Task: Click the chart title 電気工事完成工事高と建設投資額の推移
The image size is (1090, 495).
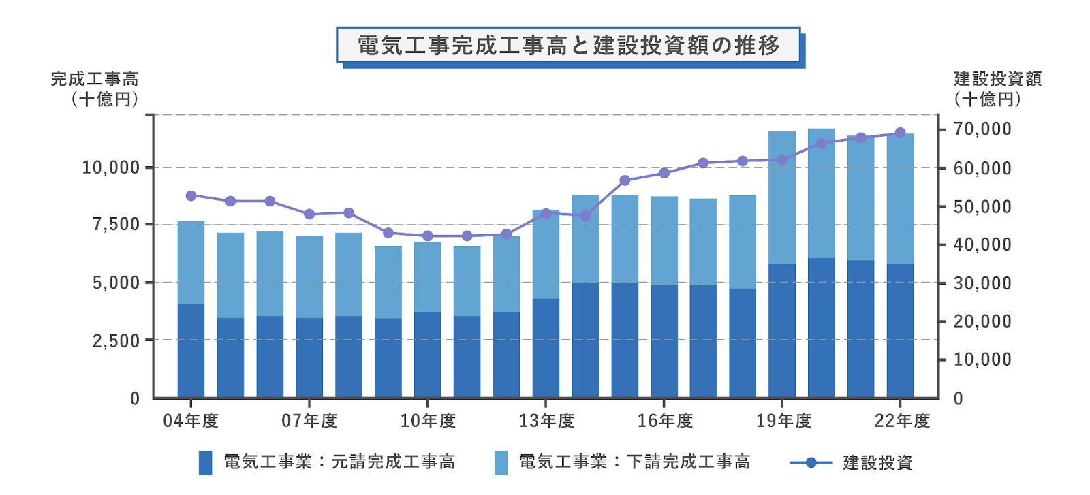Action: pyautogui.click(x=568, y=46)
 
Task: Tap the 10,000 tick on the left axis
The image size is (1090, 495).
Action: pyautogui.click(x=110, y=167)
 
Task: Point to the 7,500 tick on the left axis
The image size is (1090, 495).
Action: pyautogui.click(x=116, y=224)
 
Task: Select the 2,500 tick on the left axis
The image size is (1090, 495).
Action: pyautogui.click(x=116, y=340)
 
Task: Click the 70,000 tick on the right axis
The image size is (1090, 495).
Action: pyautogui.click(x=982, y=129)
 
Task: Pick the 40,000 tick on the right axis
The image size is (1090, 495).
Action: pyautogui.click(x=982, y=244)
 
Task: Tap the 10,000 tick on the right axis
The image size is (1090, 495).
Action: pyautogui.click(x=982, y=360)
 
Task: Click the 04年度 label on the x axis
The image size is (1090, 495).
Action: pyautogui.click(x=191, y=421)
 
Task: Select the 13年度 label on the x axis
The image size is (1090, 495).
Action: pyautogui.click(x=546, y=421)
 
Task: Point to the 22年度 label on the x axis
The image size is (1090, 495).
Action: pyautogui.click(x=902, y=421)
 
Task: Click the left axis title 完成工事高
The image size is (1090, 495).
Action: pyautogui.click(x=95, y=80)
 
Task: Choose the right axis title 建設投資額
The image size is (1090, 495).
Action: pyautogui.click(x=997, y=80)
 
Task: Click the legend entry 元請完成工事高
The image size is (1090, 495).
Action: pyautogui.click(x=339, y=462)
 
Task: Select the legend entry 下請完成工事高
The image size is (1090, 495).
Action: pyautogui.click(x=634, y=462)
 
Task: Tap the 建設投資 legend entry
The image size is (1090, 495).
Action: pyautogui.click(x=877, y=463)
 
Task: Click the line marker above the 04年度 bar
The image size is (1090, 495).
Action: pyautogui.click(x=191, y=196)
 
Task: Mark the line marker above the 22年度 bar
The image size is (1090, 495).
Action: pyautogui.click(x=900, y=133)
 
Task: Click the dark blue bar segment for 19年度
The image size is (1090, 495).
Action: pyautogui.click(x=782, y=330)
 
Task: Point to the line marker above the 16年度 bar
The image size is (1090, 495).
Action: pyautogui.click(x=664, y=173)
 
